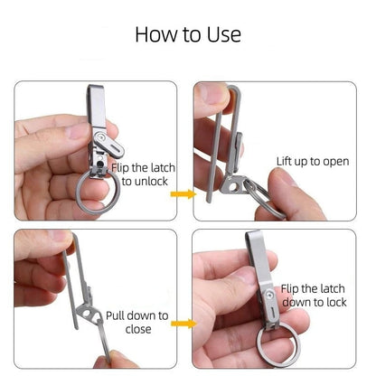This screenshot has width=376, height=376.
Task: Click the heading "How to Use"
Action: point(188,34)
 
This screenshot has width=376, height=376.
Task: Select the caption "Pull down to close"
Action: point(136,323)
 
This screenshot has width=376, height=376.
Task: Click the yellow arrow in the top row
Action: point(183,193)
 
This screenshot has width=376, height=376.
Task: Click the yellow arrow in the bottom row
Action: point(183,323)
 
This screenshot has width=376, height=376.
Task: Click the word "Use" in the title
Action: point(223,34)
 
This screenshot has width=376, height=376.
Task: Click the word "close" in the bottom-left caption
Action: point(136,330)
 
